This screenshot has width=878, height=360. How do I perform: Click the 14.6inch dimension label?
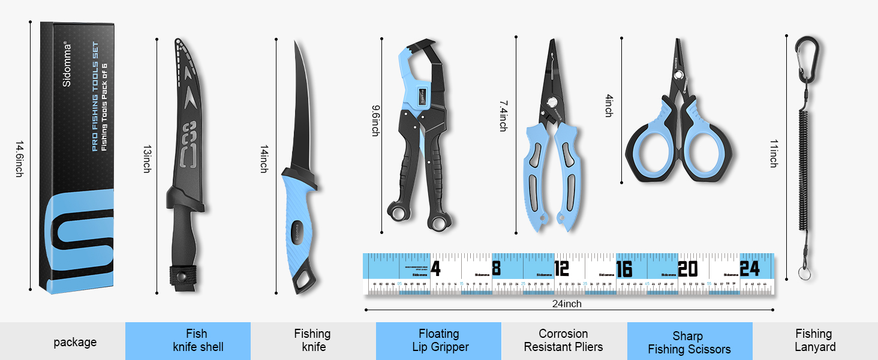19,159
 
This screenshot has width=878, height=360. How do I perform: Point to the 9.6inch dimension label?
375,121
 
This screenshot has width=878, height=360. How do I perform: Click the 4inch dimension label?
608,105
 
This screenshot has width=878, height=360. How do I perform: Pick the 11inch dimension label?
774,153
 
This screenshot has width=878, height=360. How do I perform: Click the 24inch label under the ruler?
567,304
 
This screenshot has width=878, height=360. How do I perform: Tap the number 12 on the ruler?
561,268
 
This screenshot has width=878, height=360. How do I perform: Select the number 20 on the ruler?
687,268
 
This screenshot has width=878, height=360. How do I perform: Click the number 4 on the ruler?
435,268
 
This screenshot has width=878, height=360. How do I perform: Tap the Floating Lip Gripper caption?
439,340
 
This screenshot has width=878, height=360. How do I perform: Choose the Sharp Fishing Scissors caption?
689,343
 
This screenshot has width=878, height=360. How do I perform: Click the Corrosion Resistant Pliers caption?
563,340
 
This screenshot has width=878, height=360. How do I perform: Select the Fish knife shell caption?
197,340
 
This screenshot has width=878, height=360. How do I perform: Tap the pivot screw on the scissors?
678,75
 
